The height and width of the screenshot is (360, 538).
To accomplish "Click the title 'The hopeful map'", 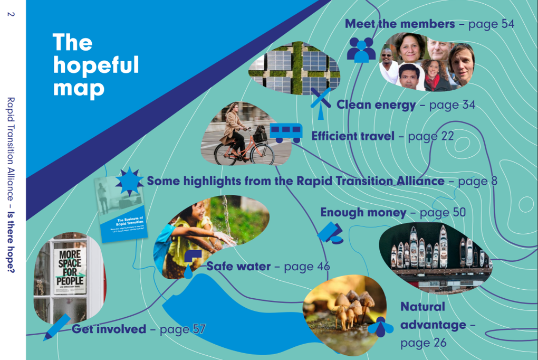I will point(95,65).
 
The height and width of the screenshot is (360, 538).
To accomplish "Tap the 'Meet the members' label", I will point(399,24).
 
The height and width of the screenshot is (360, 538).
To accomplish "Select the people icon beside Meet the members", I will point(361,50).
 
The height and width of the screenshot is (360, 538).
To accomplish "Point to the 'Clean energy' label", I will point(376,105).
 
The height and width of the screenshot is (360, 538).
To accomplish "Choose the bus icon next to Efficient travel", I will point(286,132).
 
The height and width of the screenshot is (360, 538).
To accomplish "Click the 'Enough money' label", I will point(363,213).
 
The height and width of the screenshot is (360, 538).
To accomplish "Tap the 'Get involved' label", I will point(109,329).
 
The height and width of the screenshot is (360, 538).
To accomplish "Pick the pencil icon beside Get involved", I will point(56,327).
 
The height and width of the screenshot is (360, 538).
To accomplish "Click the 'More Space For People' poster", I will point(69,271).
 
